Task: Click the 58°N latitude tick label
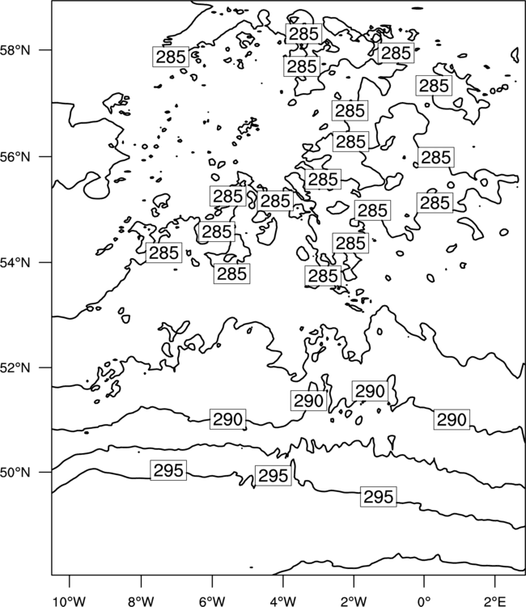pyautogui.click(x=15, y=50)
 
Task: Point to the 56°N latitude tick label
pyautogui.click(x=15, y=157)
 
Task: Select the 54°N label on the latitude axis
pyautogui.click(x=15, y=263)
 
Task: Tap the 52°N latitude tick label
pyautogui.click(x=15, y=367)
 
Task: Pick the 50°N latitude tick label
pyautogui.click(x=15, y=473)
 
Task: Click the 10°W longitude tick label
pyautogui.click(x=70, y=601)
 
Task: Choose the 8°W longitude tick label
pyautogui.click(x=141, y=601)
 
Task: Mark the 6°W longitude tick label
pyautogui.click(x=212, y=601)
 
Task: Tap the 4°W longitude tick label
pyautogui.click(x=283, y=601)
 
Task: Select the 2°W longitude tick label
pyautogui.click(x=354, y=601)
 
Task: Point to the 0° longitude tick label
pyautogui.click(x=424, y=601)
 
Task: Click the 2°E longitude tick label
pyautogui.click(x=495, y=601)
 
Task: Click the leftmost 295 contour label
pyautogui.click(x=168, y=470)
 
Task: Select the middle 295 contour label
pyautogui.click(x=274, y=476)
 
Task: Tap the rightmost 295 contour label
pyautogui.click(x=379, y=497)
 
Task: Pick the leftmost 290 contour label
pyautogui.click(x=228, y=419)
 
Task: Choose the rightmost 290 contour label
pyautogui.click(x=452, y=419)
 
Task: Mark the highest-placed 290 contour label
pyautogui.click(x=370, y=391)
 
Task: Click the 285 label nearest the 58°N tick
pyautogui.click(x=171, y=57)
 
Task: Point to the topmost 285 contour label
pyautogui.click(x=303, y=34)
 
